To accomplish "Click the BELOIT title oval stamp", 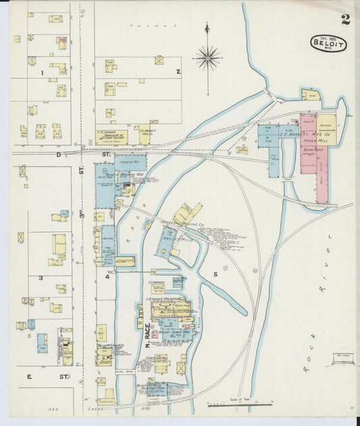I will click(328, 43).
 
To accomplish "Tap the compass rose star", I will click(207, 58).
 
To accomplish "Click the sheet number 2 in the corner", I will click(345, 19).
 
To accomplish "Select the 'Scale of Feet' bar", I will click(240, 404).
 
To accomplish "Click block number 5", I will click(215, 274).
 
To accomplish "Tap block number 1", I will click(42, 72).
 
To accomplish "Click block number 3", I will click(41, 277).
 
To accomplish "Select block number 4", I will click(107, 276).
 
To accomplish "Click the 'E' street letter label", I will click(29, 376).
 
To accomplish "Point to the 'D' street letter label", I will click(58, 155).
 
